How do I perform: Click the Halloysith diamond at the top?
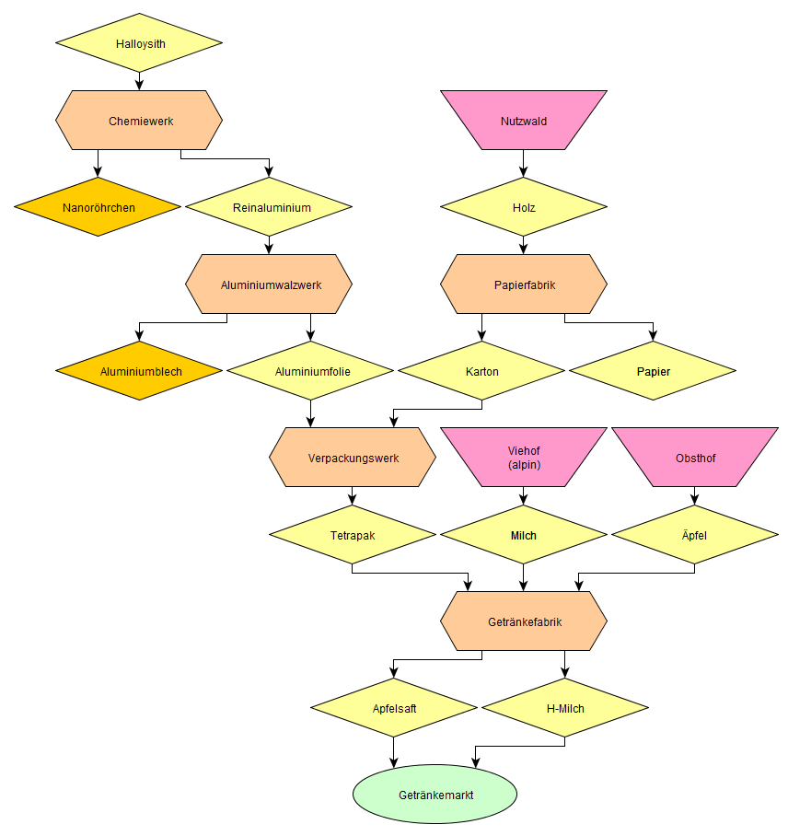click(139, 43)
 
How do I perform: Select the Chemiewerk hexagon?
click(139, 121)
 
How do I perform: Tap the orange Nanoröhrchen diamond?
click(98, 207)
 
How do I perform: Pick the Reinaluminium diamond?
click(269, 207)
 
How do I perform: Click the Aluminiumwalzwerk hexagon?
click(269, 284)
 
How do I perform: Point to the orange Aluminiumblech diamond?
click(139, 371)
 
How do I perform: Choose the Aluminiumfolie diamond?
click(310, 371)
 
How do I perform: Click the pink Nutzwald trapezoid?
click(524, 121)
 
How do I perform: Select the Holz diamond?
click(524, 207)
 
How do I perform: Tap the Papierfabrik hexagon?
click(524, 284)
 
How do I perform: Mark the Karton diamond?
click(481, 371)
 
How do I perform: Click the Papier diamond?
click(653, 371)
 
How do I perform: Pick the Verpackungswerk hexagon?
click(353, 458)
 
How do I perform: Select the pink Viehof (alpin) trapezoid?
click(524, 458)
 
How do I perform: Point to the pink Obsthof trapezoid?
click(695, 458)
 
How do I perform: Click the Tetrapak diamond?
click(353, 535)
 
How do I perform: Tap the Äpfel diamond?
click(695, 535)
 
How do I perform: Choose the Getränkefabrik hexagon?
click(524, 621)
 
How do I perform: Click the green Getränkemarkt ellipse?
click(435, 795)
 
